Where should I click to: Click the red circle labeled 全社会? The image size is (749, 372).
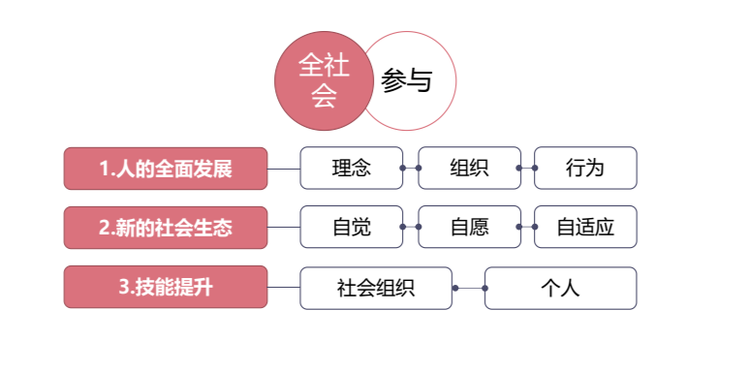pos(323,80)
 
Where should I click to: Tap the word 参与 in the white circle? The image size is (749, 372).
pos(406,81)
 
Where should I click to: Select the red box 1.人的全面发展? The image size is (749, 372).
pos(166,169)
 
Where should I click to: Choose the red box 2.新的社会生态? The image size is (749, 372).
pos(166,228)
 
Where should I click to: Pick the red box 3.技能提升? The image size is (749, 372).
pos(166,287)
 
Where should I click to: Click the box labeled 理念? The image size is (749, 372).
pos(351,168)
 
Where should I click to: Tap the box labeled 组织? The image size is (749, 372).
pos(469,168)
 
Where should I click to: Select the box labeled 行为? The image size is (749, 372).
pos(585,168)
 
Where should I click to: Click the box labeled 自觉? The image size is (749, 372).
pos(351,227)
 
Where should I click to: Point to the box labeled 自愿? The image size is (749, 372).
pos(469,227)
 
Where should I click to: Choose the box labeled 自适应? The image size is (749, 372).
pos(585,227)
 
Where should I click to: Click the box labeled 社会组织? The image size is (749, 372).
pos(376,288)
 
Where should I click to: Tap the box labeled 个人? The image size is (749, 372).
pos(560,288)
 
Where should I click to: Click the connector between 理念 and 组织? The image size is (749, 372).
pos(410,168)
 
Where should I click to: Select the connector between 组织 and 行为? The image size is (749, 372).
pos(527,168)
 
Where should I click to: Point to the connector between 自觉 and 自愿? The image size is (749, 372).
pos(410,227)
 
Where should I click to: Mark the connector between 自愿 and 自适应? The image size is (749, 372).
pos(527,227)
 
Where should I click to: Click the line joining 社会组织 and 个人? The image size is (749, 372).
pos(469,288)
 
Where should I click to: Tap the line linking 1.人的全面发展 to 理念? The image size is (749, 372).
pos(283,169)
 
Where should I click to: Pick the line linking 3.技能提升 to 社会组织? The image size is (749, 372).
pos(283,287)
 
